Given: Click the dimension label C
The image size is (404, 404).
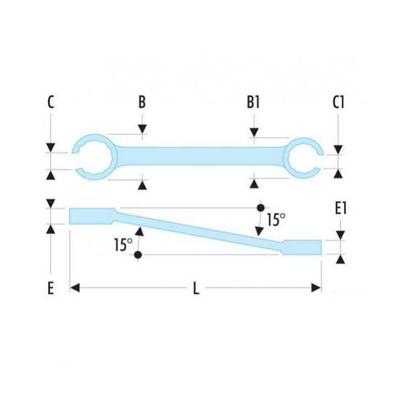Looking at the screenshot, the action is click(x=51, y=102).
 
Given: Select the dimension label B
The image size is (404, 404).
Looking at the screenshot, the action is click(x=142, y=102).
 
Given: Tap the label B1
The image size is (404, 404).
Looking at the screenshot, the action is click(x=253, y=102).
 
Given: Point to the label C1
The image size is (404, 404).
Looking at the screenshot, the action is click(x=338, y=102).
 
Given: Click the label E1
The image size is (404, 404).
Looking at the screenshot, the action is click(x=341, y=209).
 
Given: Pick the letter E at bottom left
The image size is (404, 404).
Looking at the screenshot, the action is click(x=51, y=288).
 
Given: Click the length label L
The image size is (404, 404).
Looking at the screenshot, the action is click(x=196, y=288).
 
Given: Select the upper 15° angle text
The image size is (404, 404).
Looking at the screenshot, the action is click(x=276, y=220).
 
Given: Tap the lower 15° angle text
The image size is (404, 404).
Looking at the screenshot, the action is click(x=123, y=244).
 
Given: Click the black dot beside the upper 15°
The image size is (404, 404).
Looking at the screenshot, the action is click(x=261, y=207).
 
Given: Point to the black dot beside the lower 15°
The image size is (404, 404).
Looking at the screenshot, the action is click(x=138, y=255).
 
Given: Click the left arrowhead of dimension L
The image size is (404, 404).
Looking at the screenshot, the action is click(x=74, y=287).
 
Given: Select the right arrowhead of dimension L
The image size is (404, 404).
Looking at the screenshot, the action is click(x=316, y=287).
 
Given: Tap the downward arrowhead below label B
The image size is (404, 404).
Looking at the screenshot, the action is click(x=142, y=129).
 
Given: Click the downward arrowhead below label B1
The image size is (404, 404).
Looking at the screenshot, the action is click(x=254, y=133).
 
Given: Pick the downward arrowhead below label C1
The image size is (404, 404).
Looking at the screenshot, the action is click(x=338, y=149).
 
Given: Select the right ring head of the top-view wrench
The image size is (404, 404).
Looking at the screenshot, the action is click(x=286, y=158).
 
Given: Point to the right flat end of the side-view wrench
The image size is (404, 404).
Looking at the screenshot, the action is click(x=302, y=247).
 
